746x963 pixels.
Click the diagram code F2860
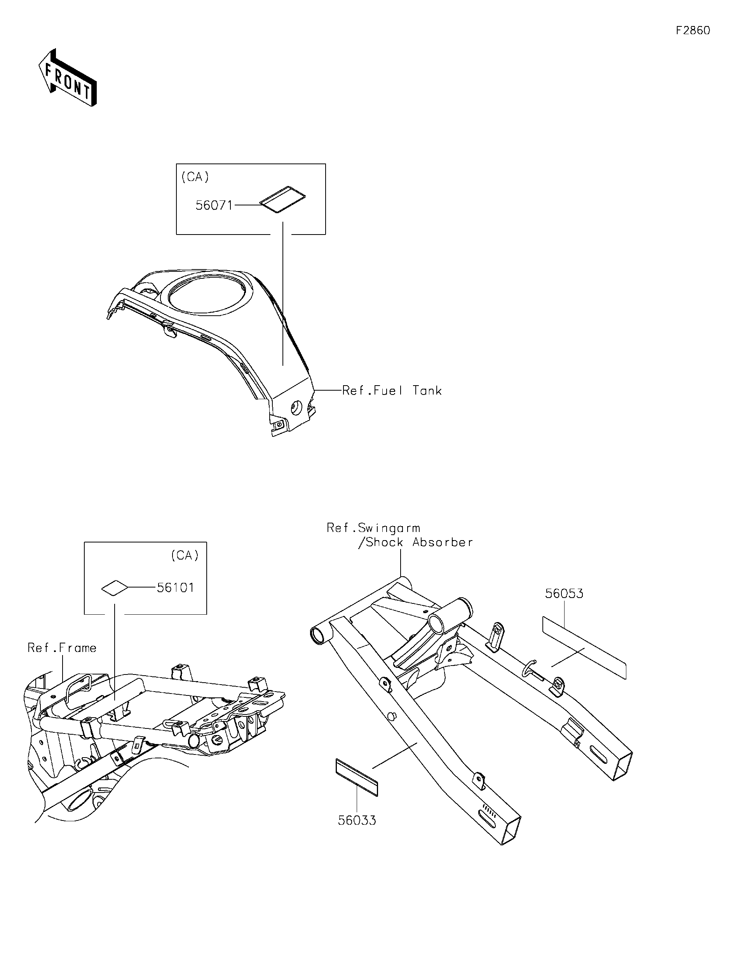(693, 30)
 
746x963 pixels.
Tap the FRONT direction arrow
(68, 78)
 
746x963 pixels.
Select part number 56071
(214, 205)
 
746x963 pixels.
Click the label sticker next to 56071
(282, 200)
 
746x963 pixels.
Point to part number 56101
(176, 588)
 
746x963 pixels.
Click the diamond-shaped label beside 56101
(114, 588)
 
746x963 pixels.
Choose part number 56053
(564, 593)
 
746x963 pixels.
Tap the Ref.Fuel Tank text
(392, 391)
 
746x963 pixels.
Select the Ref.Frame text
(62, 648)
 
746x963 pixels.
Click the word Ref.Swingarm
(373, 528)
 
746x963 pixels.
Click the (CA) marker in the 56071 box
(195, 177)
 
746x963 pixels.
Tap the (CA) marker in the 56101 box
(185, 556)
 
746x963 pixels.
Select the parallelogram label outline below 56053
(584, 647)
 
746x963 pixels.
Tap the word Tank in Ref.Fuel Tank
(427, 391)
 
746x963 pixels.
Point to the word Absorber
(443, 542)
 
